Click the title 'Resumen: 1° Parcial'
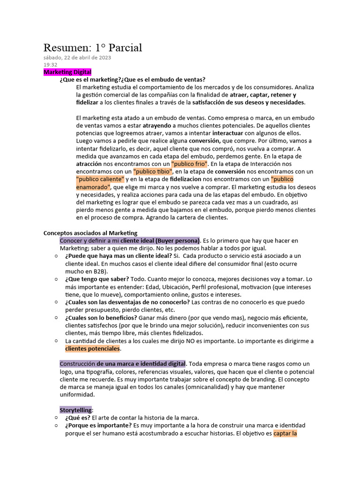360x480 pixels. [x=93, y=47]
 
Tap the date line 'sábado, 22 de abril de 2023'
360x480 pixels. [x=77, y=58]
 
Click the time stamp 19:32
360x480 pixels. [x=51, y=65]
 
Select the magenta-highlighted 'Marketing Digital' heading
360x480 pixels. [x=67, y=72]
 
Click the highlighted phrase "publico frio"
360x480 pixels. [x=189, y=164]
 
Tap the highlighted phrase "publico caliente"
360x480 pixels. [x=100, y=179]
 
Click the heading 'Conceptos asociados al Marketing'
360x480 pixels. [x=90, y=232]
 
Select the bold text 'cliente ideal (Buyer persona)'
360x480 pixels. [x=160, y=240]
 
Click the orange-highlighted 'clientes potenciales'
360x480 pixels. [x=92, y=348]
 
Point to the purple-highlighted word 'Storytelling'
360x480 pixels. [x=75, y=410]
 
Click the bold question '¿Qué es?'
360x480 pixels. [x=77, y=418]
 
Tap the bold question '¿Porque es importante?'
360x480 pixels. [x=98, y=425]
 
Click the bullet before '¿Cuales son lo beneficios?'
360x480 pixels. [x=56, y=318]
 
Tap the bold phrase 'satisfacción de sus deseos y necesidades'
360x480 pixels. [x=248, y=102]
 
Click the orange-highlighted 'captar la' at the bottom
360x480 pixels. [x=285, y=433]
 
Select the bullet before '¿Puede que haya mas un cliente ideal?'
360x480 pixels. [x=56, y=256]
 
